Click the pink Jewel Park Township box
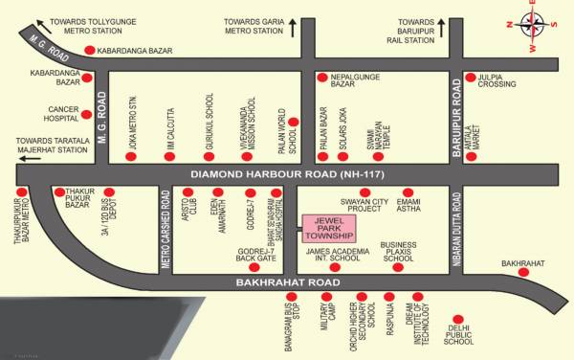point(328,228)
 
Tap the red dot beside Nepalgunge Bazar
point(323,76)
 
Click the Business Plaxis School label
point(398,252)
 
